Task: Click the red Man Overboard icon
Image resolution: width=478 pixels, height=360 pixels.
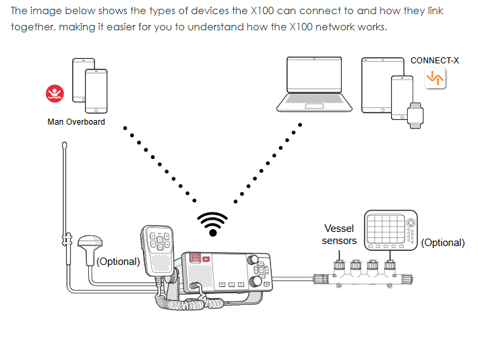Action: click(54, 94)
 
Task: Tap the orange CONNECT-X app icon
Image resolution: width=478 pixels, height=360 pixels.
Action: click(436, 78)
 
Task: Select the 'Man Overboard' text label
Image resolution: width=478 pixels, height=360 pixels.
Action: click(76, 122)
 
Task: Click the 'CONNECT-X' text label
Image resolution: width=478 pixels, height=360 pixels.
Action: click(434, 61)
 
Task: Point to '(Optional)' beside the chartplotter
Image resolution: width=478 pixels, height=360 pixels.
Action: click(443, 243)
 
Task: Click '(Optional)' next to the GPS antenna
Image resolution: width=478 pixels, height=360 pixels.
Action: click(119, 261)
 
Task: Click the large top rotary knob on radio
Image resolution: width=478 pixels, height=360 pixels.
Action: click(255, 261)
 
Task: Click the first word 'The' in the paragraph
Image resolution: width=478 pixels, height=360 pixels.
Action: click(20, 11)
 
